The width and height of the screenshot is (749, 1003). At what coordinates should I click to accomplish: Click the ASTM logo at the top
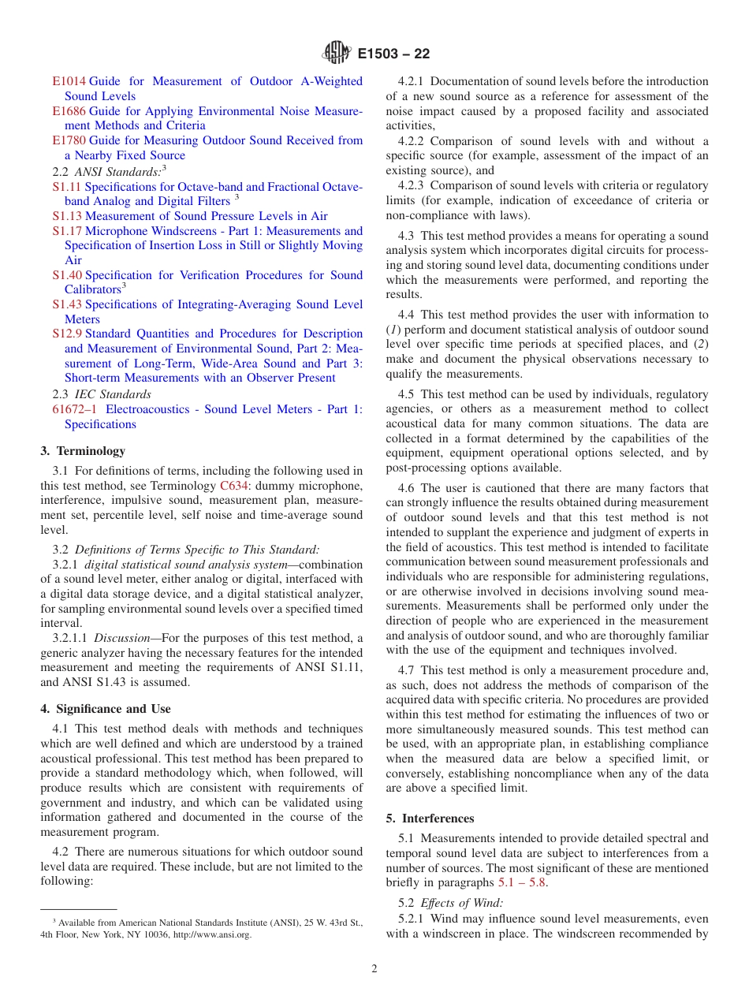click(337, 54)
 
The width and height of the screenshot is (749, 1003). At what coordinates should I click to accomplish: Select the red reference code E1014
click(69, 81)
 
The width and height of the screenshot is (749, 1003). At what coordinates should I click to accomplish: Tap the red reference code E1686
click(69, 111)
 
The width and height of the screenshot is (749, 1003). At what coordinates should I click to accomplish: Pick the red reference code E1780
click(69, 140)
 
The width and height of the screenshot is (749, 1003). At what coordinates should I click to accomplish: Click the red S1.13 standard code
click(67, 216)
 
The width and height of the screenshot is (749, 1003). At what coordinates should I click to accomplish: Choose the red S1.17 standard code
click(67, 231)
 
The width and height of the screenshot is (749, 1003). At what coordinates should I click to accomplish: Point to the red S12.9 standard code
click(67, 334)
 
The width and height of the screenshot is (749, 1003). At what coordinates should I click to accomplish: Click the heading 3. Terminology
click(83, 451)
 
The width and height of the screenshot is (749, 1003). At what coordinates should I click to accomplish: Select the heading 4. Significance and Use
click(106, 709)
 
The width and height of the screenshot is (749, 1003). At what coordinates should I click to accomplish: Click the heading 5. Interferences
click(430, 818)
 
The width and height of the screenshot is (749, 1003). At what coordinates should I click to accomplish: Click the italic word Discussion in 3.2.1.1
click(121, 638)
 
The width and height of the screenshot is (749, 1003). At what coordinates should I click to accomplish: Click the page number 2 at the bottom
click(374, 969)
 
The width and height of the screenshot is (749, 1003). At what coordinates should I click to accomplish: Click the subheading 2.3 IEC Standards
click(101, 394)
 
